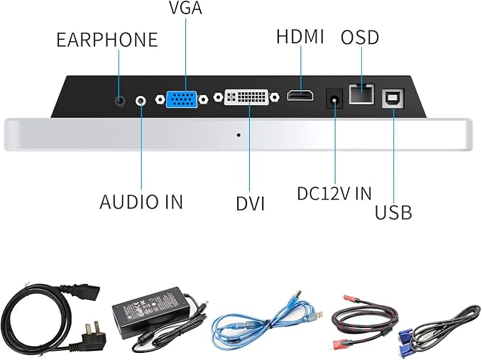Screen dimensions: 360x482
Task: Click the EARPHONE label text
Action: (x=107, y=40)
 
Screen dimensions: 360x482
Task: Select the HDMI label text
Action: (x=300, y=37)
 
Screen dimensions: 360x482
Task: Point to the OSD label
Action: (x=360, y=37)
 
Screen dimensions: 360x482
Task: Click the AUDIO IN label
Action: (x=141, y=202)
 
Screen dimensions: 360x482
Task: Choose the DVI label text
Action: (x=250, y=204)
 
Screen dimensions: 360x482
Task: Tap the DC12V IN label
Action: (x=334, y=193)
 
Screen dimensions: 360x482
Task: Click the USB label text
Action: (x=393, y=212)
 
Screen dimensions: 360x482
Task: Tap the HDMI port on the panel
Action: (x=300, y=95)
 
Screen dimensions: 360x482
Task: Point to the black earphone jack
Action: (x=121, y=100)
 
